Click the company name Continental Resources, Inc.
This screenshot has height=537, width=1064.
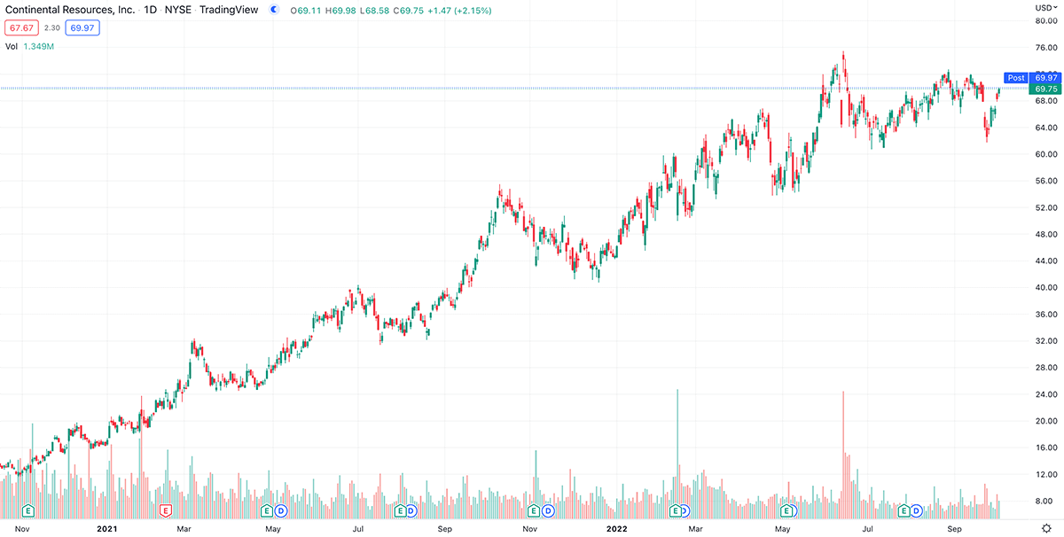pyautogui.click(x=69, y=10)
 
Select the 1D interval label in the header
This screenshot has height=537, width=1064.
pyautogui.click(x=152, y=10)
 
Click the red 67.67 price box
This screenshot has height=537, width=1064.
pyautogui.click(x=21, y=27)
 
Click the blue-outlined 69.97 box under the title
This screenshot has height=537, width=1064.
pyautogui.click(x=83, y=27)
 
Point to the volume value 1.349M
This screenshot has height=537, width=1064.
pyautogui.click(x=39, y=46)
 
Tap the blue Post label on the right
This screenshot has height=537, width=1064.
pyautogui.click(x=1016, y=78)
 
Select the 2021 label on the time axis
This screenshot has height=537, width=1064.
pyautogui.click(x=106, y=529)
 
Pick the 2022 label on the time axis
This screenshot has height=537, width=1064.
pyautogui.click(x=617, y=529)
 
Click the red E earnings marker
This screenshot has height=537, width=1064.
pyautogui.click(x=164, y=510)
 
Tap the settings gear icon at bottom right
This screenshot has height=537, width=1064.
pyautogui.click(x=1045, y=527)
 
